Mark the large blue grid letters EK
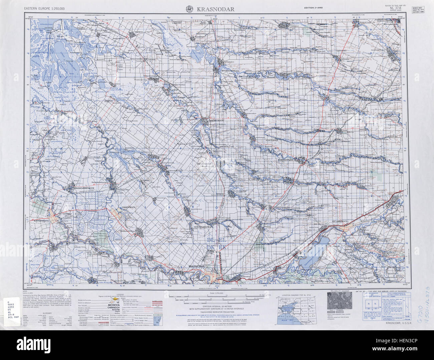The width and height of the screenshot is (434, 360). pos(222,247)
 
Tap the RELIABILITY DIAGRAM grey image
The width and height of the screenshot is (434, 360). pos(338,303)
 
